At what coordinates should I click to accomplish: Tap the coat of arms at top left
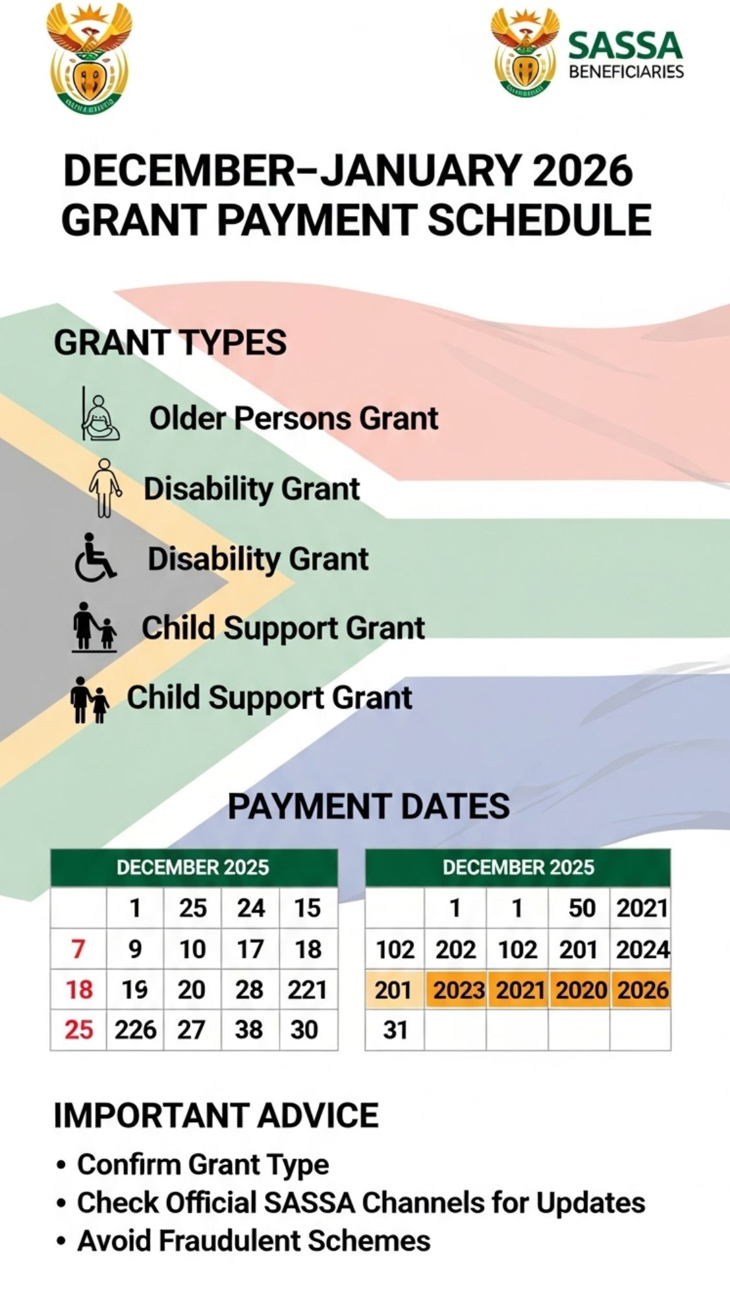[89, 57]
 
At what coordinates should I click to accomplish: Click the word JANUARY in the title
[420, 170]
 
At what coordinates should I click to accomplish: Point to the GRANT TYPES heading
[170, 342]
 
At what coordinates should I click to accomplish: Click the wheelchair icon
[95, 557]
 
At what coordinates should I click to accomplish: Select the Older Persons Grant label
[294, 418]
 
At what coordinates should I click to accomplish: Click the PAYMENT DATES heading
[369, 806]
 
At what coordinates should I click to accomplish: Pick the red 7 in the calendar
[79, 949]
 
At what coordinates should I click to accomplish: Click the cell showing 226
[136, 1030]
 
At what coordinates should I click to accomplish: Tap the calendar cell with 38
[250, 1030]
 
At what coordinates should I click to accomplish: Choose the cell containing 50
[581, 908]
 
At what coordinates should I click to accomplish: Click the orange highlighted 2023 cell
[458, 990]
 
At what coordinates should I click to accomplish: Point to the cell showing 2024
[642, 949]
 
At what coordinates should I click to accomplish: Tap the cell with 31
[395, 1030]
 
